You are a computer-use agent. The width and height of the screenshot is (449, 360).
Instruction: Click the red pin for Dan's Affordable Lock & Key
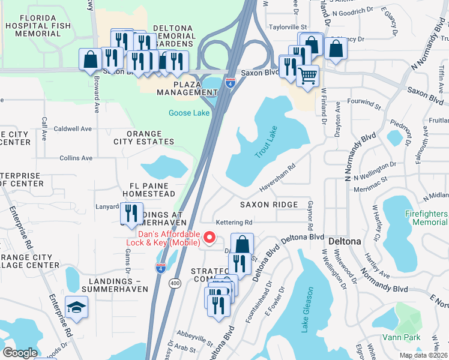(209, 238)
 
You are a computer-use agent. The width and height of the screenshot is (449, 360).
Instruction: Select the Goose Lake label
(188, 113)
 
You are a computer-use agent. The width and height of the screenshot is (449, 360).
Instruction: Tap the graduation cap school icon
(76, 308)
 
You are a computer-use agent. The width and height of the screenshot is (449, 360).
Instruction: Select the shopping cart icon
(307, 76)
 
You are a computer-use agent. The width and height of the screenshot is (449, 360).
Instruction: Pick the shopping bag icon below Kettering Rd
(242, 244)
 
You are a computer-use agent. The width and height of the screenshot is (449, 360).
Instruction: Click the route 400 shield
(175, 282)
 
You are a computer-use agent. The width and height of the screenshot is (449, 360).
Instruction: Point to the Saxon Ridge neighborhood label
(269, 205)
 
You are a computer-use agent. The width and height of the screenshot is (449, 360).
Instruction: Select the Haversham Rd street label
(277, 179)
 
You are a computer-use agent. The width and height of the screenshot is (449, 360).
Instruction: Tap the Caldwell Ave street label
(73, 128)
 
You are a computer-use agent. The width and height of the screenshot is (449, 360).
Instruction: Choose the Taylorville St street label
(288, 27)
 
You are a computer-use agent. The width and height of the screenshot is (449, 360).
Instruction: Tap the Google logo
(20, 352)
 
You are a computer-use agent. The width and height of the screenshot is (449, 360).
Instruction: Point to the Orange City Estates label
(144, 137)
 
